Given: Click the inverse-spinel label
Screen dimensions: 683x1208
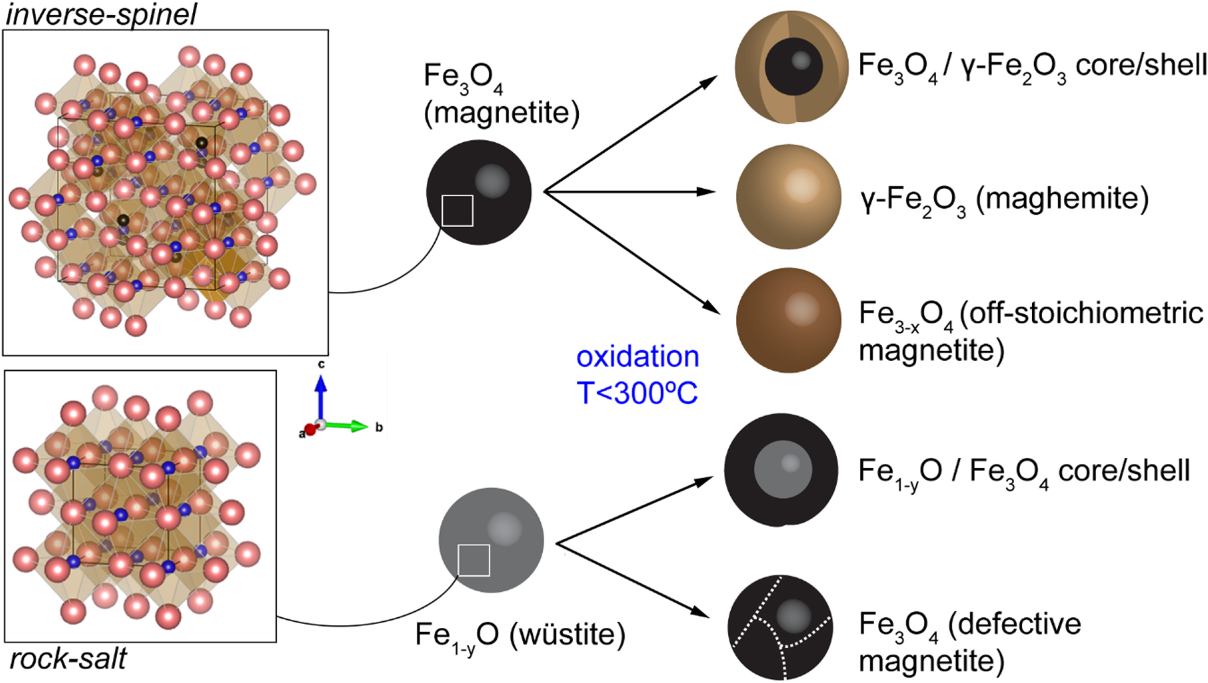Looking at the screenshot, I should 101,14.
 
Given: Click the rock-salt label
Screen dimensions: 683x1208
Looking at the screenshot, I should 68,659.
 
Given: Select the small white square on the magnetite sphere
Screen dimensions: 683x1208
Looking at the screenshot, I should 457,211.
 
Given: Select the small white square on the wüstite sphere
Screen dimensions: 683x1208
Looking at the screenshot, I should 474,560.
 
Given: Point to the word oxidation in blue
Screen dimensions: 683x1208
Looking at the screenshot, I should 637,357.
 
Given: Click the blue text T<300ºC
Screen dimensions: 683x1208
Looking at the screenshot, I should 637,393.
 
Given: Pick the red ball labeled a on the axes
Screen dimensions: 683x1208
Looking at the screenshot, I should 310,431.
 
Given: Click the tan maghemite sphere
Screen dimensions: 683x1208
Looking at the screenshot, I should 789,197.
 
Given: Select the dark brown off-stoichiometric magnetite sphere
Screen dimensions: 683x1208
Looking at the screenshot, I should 789,320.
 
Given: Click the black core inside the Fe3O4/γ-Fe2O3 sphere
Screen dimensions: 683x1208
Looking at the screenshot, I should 794,66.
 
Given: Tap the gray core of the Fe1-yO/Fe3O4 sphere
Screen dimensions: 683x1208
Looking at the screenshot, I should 783,469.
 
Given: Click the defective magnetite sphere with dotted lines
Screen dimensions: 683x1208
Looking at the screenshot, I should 780,628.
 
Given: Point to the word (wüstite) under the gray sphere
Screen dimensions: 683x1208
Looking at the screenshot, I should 567,634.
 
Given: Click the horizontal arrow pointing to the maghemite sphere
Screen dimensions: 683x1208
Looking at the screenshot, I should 631,191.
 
